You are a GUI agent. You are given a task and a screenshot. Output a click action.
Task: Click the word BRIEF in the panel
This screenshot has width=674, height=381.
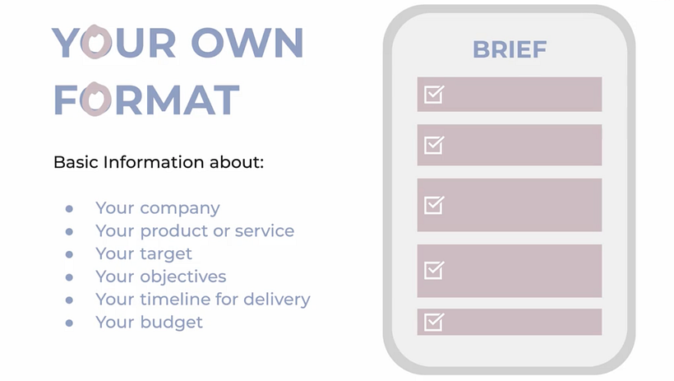coord(510,49)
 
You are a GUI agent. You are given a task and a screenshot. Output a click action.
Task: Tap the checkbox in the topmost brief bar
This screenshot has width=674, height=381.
coord(433,95)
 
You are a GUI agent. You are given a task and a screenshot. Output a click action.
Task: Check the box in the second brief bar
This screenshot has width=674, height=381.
coord(433,146)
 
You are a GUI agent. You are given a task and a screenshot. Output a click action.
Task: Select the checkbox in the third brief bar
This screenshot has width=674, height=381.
coord(433,205)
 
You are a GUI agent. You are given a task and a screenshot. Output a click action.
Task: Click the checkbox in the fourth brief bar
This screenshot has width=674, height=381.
coord(433,270)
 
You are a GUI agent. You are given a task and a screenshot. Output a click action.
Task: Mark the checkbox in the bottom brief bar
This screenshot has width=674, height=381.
coord(433,322)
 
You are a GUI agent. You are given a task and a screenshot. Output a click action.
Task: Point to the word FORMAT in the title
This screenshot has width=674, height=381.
coord(146,100)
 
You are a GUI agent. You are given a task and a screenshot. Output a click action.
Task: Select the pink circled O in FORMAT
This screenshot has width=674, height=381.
coord(97,100)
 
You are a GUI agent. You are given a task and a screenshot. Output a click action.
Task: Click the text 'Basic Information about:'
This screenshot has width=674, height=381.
coord(159,162)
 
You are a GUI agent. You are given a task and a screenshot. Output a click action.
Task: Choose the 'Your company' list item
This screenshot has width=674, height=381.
coord(157,209)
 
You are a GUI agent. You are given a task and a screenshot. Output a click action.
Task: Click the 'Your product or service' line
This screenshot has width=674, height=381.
coord(194,231)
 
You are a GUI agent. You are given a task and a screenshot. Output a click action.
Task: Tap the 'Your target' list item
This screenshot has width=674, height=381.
coord(143,254)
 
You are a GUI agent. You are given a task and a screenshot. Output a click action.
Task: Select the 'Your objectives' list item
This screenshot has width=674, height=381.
coord(160,276)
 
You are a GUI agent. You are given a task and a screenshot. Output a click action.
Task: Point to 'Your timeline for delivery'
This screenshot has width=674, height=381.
coord(202,300)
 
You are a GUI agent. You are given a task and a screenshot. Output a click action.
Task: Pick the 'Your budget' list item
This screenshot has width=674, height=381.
coord(149,322)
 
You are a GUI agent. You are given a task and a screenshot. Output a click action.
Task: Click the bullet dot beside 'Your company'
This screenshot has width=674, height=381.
coord(70,209)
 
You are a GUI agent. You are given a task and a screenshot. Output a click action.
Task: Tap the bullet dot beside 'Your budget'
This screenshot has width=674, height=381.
coord(70,323)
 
